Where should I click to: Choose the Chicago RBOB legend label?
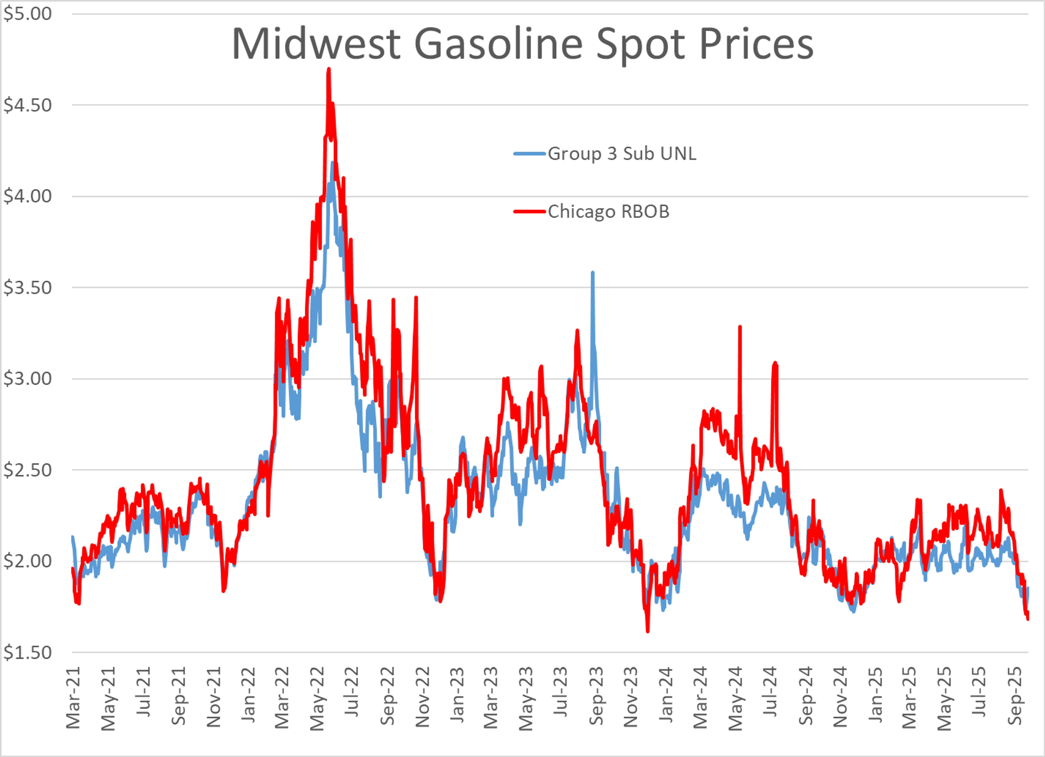(608, 211)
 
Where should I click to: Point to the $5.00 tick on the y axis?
(28, 14)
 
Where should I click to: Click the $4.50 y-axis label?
(28, 105)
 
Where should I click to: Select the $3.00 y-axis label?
(28, 379)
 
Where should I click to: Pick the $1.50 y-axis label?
(28, 653)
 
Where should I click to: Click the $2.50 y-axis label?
(28, 470)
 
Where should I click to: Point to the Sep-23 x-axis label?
(596, 696)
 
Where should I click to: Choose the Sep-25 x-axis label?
(1015, 696)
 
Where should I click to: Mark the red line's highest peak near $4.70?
(328, 69)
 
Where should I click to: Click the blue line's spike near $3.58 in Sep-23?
(592, 273)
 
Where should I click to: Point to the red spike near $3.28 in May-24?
(739, 327)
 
